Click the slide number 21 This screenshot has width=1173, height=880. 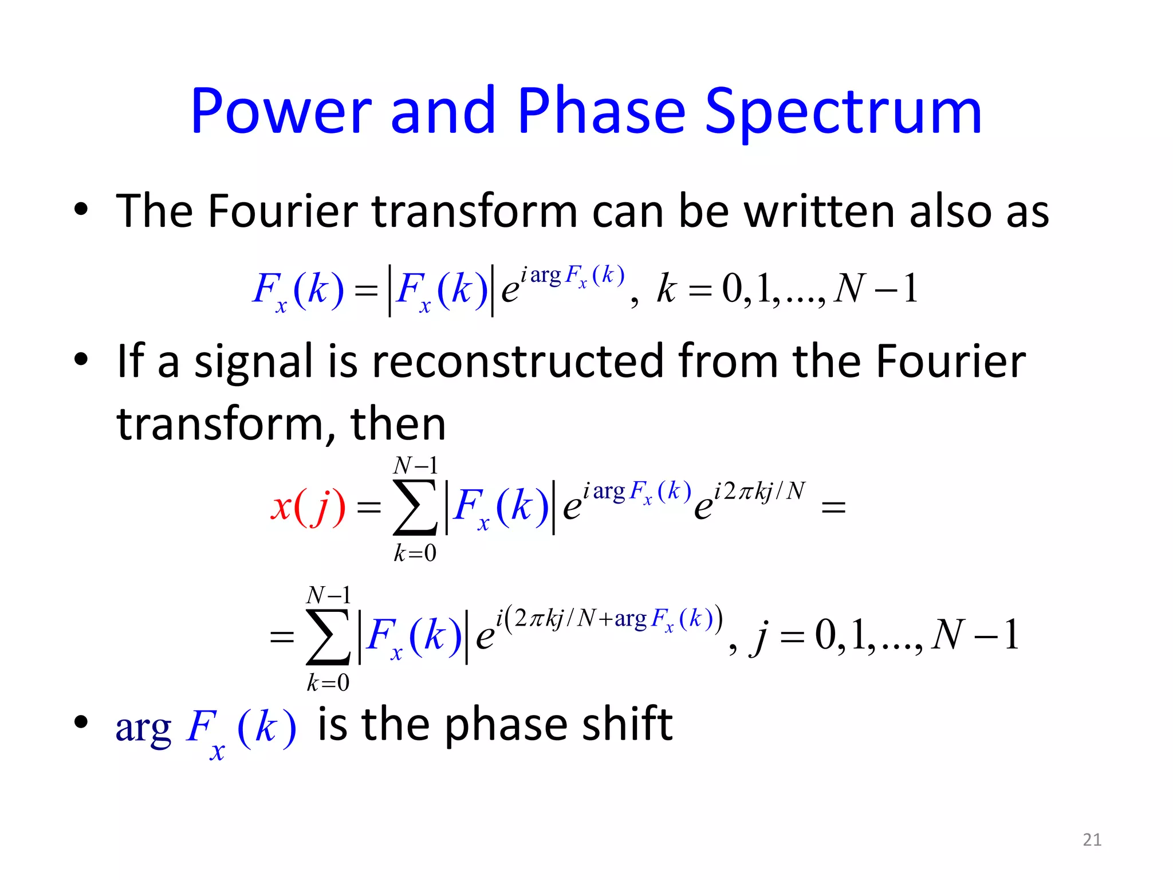(x=1092, y=839)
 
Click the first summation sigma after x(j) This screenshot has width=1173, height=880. (x=415, y=507)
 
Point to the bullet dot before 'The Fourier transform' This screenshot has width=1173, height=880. (x=81, y=210)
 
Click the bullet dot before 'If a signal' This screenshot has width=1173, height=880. (x=81, y=359)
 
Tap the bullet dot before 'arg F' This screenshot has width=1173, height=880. (x=81, y=722)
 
